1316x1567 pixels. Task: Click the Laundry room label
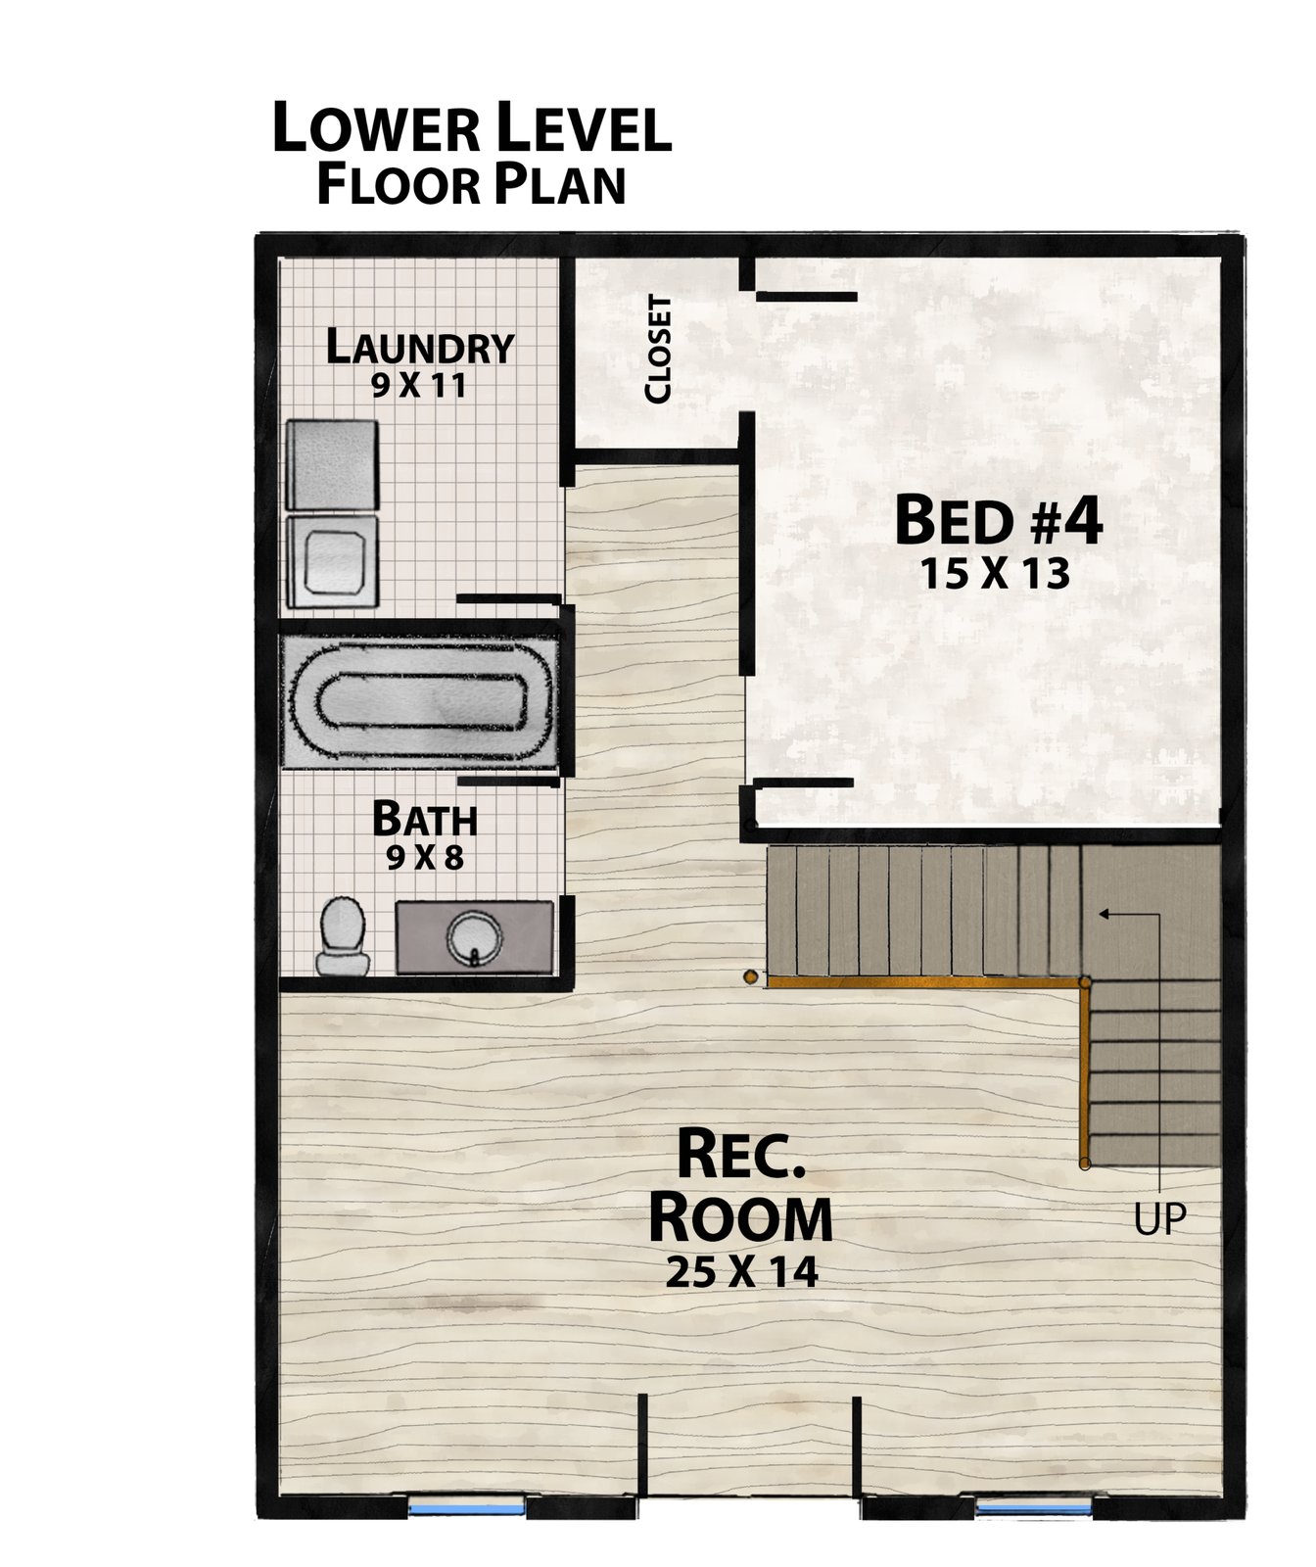pyautogui.click(x=420, y=348)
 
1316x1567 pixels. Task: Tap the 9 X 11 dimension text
pyautogui.click(x=419, y=386)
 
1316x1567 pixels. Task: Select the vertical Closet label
pyautogui.click(x=658, y=349)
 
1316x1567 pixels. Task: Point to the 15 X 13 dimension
pyautogui.click(x=995, y=574)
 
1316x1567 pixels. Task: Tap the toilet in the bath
pyautogui.click(x=343, y=935)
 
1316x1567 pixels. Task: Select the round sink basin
pyautogui.click(x=475, y=937)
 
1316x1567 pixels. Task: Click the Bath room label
pyautogui.click(x=425, y=819)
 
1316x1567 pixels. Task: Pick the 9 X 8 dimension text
pyautogui.click(x=425, y=858)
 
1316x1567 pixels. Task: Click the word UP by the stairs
pyautogui.click(x=1159, y=1218)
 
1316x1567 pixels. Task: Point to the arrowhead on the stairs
pyautogui.click(x=1104, y=914)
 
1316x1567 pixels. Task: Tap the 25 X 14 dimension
pyautogui.click(x=741, y=1272)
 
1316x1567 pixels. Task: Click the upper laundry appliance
pyautogui.click(x=332, y=465)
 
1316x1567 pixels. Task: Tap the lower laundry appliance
pyautogui.click(x=332, y=561)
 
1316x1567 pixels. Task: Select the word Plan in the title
pyautogui.click(x=559, y=185)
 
